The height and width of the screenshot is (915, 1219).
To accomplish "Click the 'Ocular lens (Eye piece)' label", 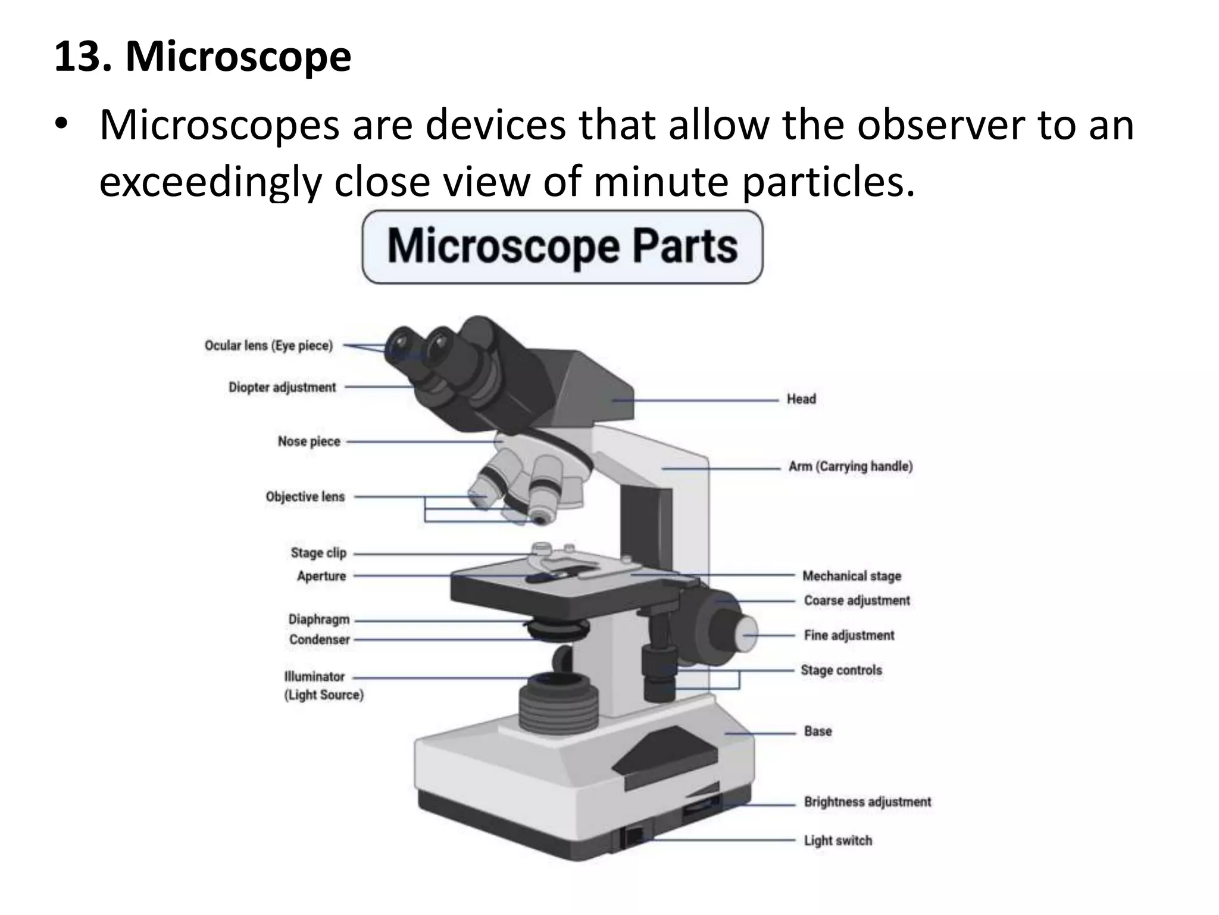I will (268, 346).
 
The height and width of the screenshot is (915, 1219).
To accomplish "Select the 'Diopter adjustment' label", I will (282, 387).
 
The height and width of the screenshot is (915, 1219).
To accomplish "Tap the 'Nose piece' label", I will (309, 441).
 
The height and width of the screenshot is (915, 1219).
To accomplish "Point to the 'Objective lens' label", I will (305, 497).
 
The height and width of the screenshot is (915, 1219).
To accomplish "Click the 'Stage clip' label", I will (318, 553).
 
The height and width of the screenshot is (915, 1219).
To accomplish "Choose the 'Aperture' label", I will (321, 576).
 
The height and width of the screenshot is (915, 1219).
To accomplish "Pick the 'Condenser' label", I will (320, 640).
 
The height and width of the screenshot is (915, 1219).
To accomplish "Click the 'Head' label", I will (801, 399).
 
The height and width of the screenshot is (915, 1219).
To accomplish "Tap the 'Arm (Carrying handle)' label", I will (851, 466).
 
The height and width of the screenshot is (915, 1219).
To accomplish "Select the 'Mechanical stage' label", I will (852, 576).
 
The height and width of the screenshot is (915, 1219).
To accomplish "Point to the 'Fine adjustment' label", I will (849, 636).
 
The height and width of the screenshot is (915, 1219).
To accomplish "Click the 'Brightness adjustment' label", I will (867, 802).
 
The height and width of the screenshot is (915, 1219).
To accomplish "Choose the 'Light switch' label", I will (838, 841).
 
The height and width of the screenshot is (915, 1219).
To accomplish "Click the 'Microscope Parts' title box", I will (562, 247).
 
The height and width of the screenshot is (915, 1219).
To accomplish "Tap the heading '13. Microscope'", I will (202, 57).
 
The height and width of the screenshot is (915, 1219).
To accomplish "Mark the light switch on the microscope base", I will (632, 836).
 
